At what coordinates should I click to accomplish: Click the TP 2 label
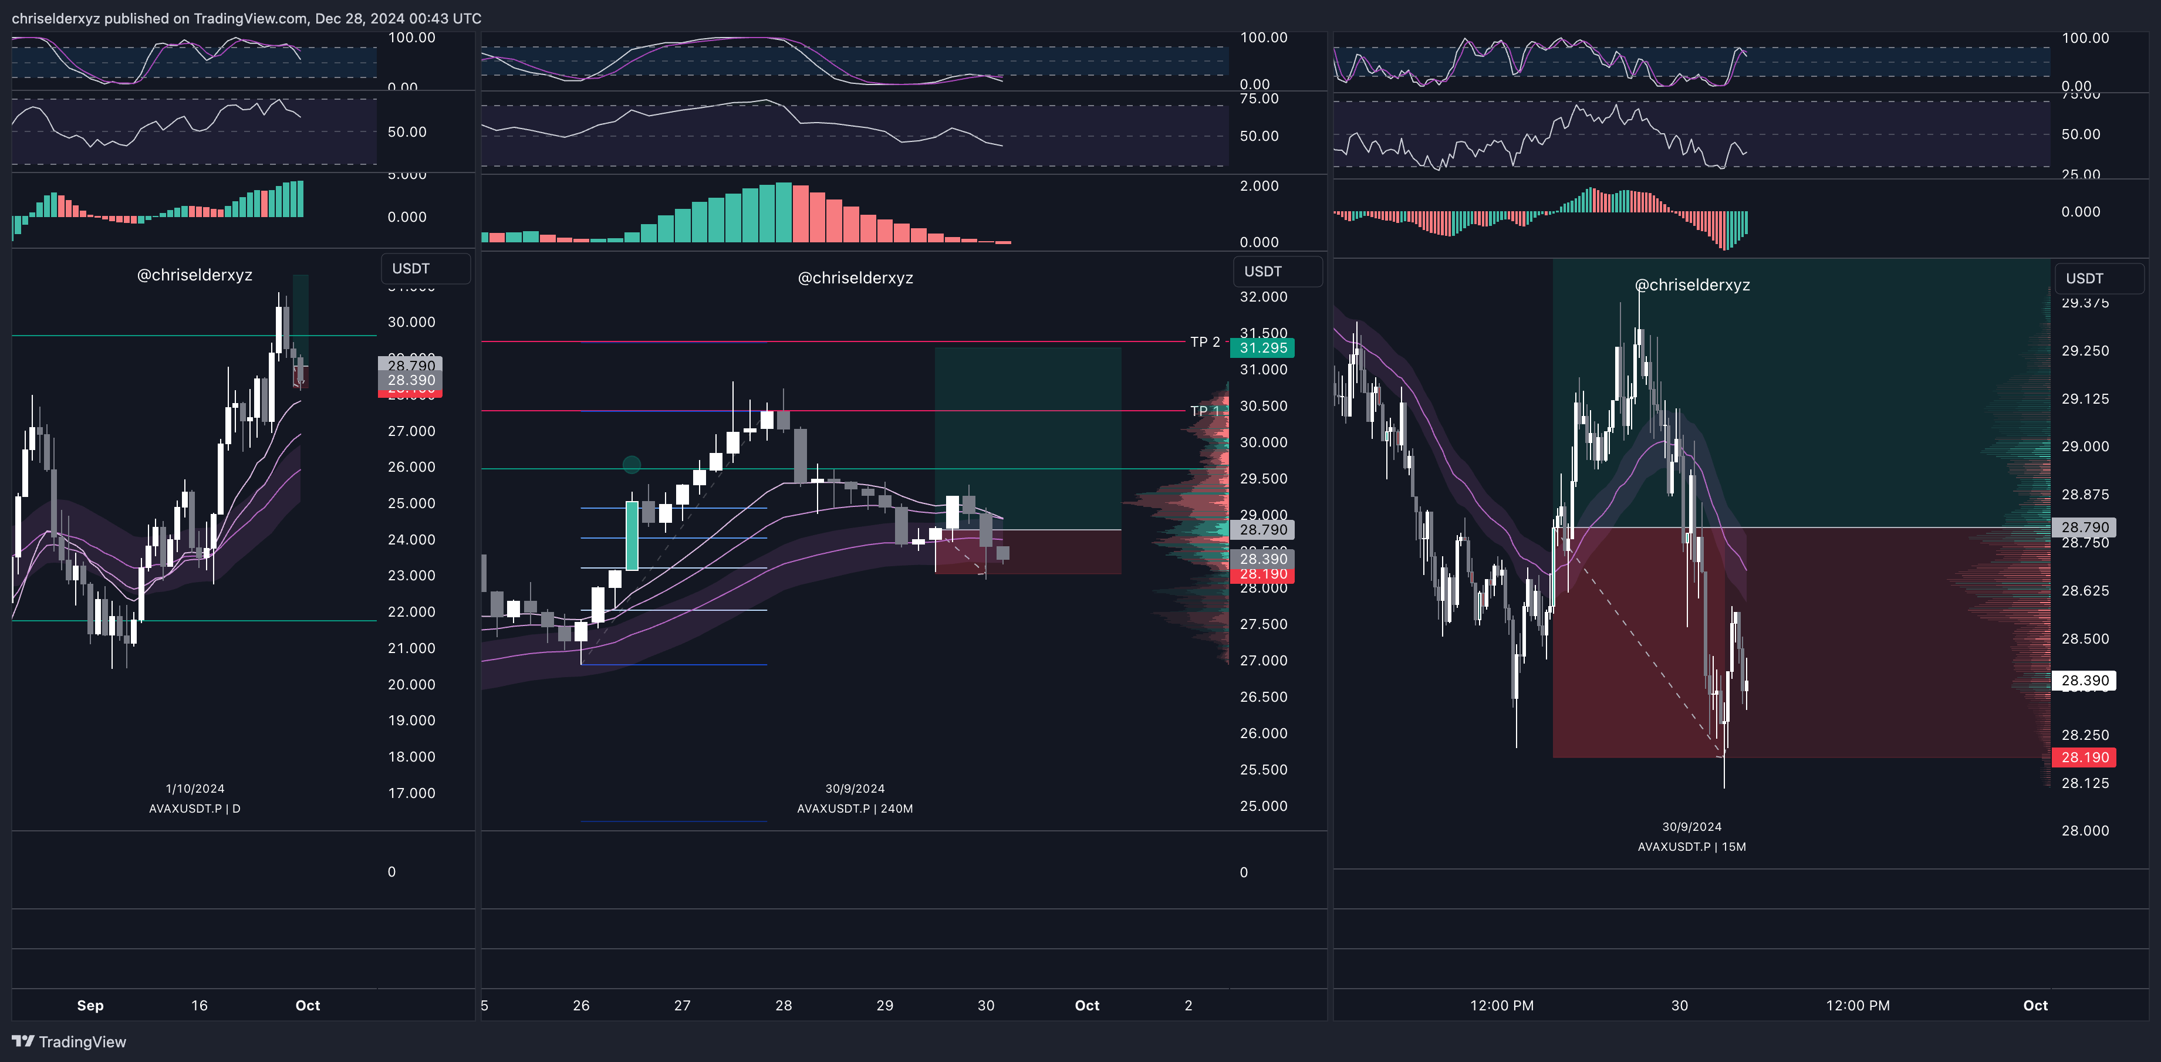1205,342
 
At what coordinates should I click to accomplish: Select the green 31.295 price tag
1262,348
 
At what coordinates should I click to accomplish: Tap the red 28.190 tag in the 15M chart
2084,757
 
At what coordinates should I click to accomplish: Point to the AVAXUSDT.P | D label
195,809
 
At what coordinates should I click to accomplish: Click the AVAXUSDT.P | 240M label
855,809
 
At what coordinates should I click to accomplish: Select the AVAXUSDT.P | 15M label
1691,847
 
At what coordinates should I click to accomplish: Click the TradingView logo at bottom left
69,1042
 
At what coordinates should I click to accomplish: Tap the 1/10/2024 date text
195,789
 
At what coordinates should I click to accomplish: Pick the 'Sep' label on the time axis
90,1006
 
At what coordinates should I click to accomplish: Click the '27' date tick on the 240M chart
682,1006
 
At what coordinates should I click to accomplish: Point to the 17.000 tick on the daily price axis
411,793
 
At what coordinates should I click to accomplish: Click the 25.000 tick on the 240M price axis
1262,806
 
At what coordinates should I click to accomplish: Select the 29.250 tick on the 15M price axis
2085,351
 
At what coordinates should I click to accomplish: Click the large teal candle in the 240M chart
632,535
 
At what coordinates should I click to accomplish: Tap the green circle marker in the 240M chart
632,465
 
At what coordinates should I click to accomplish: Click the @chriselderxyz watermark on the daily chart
195,275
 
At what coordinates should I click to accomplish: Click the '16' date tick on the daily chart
199,1006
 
